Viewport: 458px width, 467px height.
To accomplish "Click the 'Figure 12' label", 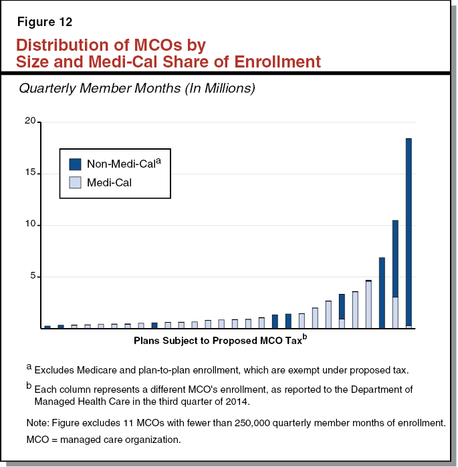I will pos(44,21).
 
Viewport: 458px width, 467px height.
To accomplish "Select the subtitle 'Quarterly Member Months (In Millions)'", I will pos(137,88).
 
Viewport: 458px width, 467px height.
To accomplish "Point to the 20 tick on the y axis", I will pos(30,122).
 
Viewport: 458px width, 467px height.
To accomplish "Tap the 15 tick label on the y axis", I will pos(30,174).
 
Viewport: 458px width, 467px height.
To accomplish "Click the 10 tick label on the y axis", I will pos(30,225).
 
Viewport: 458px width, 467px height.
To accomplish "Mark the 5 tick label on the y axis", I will pos(33,277).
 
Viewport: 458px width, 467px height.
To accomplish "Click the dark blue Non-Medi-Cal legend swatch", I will pos(76,164).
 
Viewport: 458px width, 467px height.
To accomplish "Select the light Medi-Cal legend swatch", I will pos(76,181).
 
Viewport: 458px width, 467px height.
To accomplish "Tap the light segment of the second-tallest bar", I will pos(395,313).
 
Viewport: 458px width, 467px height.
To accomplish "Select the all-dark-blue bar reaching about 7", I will pos(382,293).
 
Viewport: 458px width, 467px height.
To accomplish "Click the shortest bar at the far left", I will pos(47,327).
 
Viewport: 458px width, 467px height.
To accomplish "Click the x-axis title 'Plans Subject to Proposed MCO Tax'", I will pos(218,340).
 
